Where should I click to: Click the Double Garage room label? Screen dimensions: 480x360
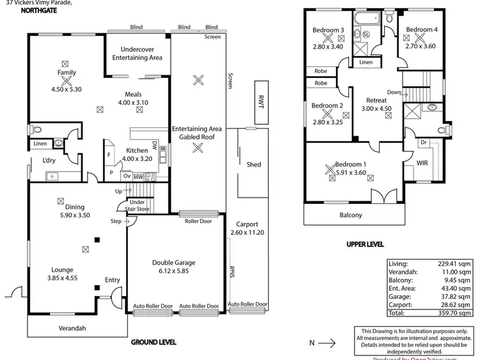point(173,263)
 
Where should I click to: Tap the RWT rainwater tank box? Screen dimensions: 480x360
point(261,102)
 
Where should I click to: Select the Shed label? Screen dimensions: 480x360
point(253,165)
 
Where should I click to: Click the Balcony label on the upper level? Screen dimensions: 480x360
point(351,215)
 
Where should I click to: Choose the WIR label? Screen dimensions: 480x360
point(422,164)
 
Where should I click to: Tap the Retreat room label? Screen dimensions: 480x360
point(376,100)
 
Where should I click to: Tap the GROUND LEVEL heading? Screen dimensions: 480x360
point(154,342)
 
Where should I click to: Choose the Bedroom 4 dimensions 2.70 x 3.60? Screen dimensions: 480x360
point(420,38)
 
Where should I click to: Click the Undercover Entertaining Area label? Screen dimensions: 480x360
point(137,54)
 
